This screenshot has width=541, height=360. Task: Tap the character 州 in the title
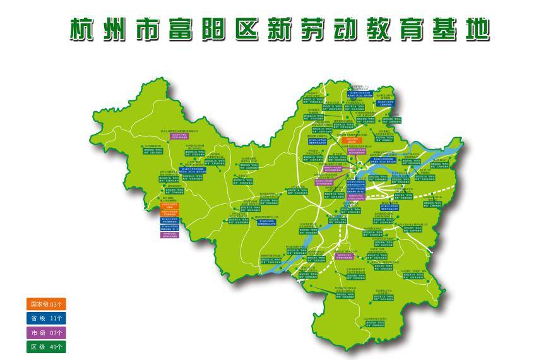coord(119,29)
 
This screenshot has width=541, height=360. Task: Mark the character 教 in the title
coord(382,29)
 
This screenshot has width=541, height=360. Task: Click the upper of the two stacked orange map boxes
coord(169,205)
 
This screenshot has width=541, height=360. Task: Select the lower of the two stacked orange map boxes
coord(169,213)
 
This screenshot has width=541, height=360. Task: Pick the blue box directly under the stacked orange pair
coord(169,220)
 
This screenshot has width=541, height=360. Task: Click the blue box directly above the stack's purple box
coord(169,227)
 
